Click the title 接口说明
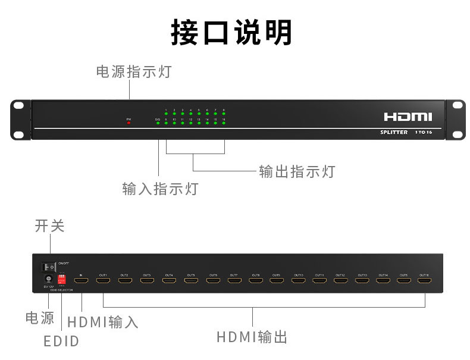[x=231, y=33]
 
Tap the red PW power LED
[x=129, y=123]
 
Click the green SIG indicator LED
[x=158, y=124]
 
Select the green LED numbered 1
[x=166, y=114]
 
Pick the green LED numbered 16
[x=224, y=124]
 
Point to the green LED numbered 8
[x=224, y=114]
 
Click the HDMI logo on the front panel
[x=408, y=117]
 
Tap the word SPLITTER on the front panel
[x=394, y=132]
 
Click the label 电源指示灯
[x=134, y=72]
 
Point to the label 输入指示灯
[x=160, y=189]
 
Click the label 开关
[x=49, y=226]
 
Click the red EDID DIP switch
[x=62, y=278]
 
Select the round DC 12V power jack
[x=46, y=279]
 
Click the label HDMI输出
[x=252, y=337]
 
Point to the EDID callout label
[x=61, y=342]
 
